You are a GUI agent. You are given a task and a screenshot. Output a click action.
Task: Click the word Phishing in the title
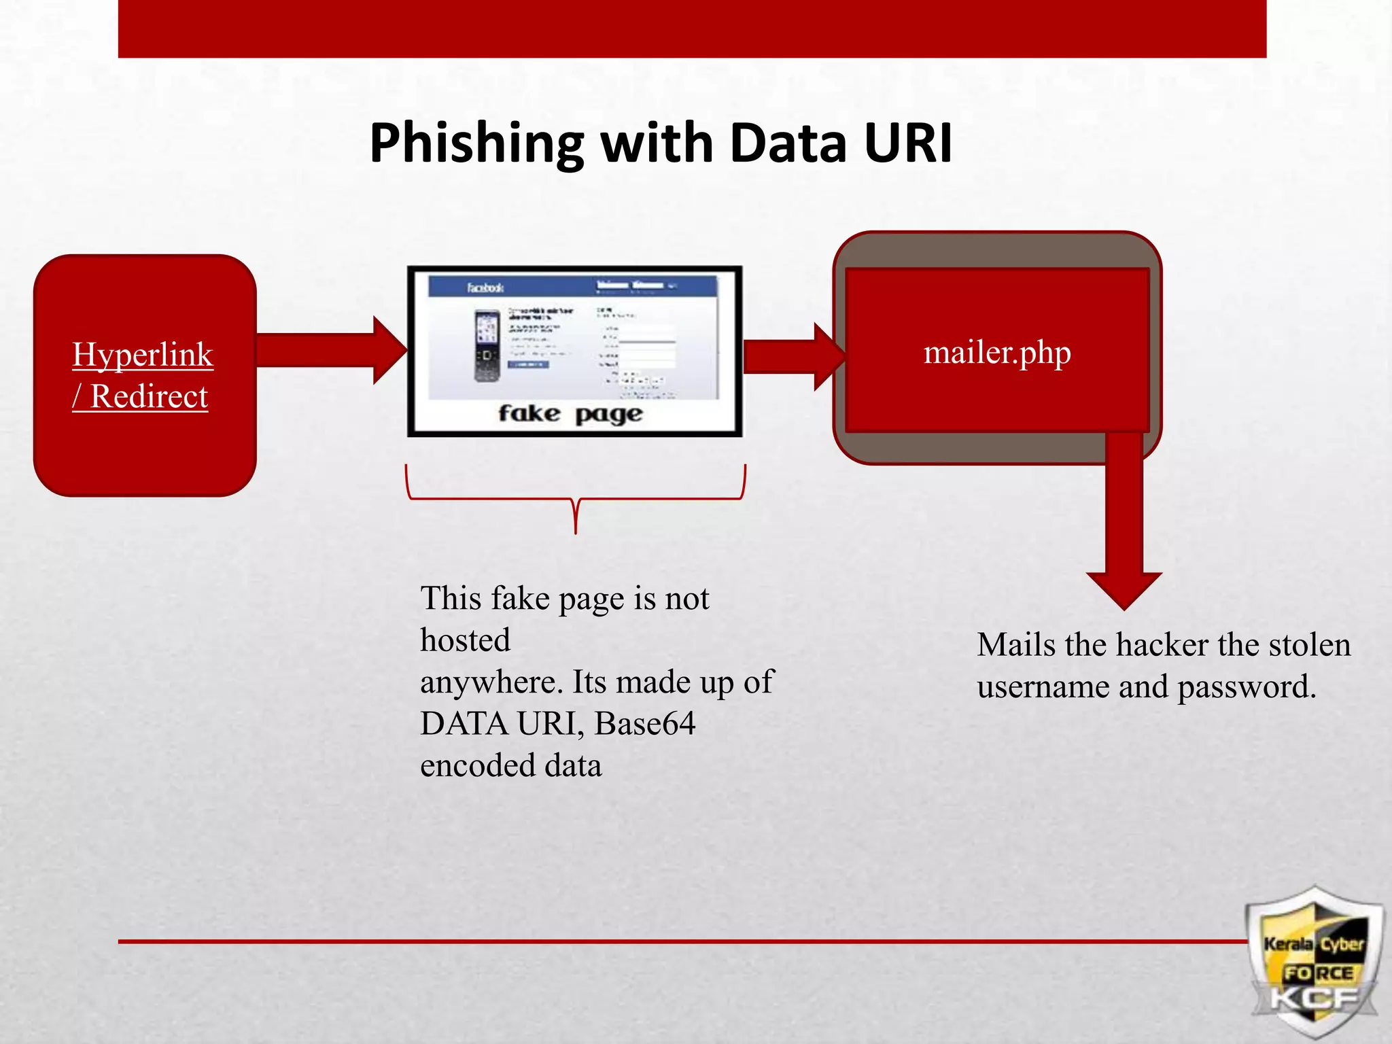click(476, 144)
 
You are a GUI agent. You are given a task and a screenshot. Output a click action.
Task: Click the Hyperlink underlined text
click(143, 355)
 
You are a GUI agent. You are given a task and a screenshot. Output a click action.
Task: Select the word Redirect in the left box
click(149, 396)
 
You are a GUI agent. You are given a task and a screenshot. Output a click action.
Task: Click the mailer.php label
click(996, 352)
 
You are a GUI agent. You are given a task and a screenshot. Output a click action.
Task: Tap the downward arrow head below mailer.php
click(1124, 590)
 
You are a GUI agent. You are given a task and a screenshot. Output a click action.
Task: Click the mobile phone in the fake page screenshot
click(487, 345)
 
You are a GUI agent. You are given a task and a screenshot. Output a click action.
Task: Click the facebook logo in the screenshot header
click(485, 288)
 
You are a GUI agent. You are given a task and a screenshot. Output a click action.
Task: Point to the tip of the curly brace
click(576, 530)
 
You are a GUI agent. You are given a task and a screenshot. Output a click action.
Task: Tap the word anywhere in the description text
click(491, 682)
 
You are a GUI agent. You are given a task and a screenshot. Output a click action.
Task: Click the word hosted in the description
click(465, 640)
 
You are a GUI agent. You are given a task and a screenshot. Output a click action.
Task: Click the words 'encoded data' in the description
click(510, 766)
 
